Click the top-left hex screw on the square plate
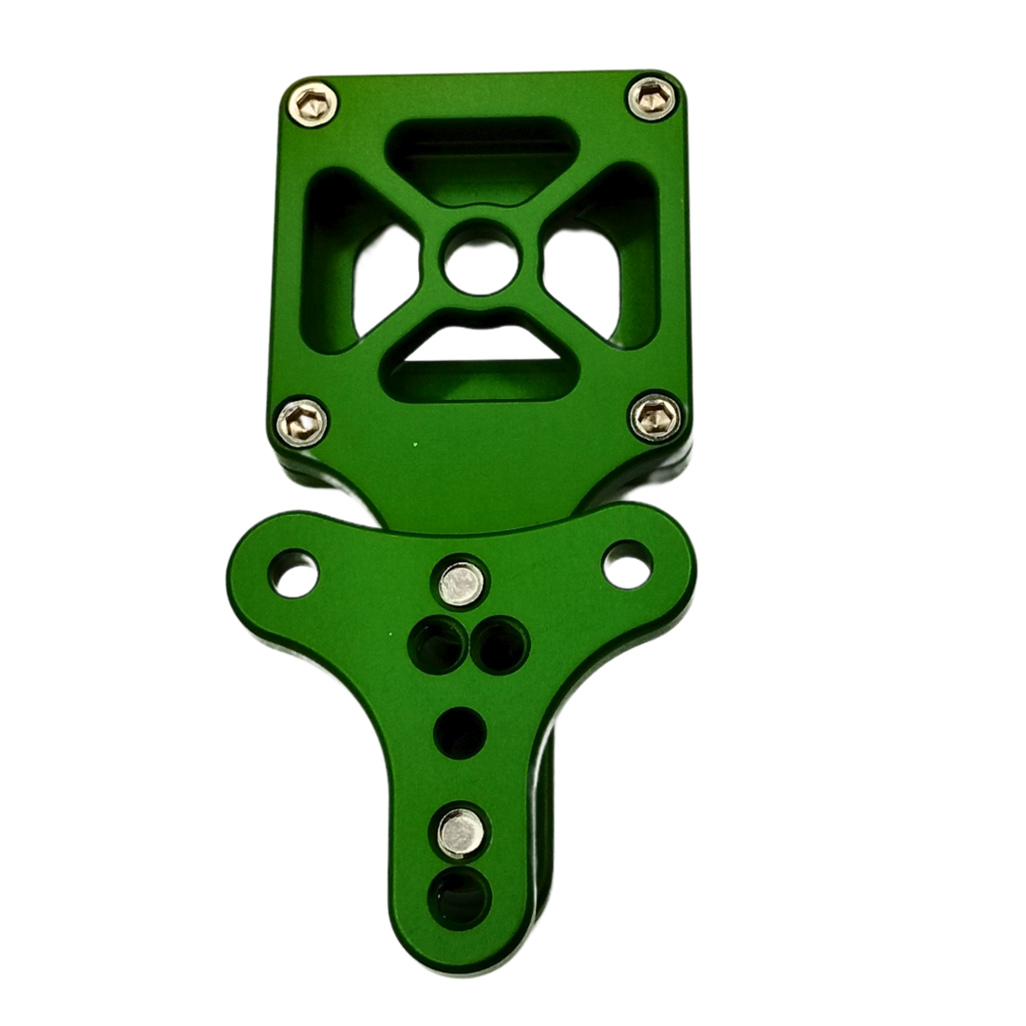[x=313, y=104]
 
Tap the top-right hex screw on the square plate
[x=653, y=98]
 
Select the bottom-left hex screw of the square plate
[x=302, y=422]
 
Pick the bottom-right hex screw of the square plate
[x=656, y=417]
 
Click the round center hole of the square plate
[x=482, y=259]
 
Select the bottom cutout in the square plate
[x=481, y=361]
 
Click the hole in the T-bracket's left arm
[x=294, y=573]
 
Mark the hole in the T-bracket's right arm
[x=628, y=564]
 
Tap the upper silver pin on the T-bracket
[x=461, y=583]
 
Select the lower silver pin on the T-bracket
[x=461, y=832]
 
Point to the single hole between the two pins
[x=460, y=732]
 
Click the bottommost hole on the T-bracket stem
[x=460, y=897]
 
